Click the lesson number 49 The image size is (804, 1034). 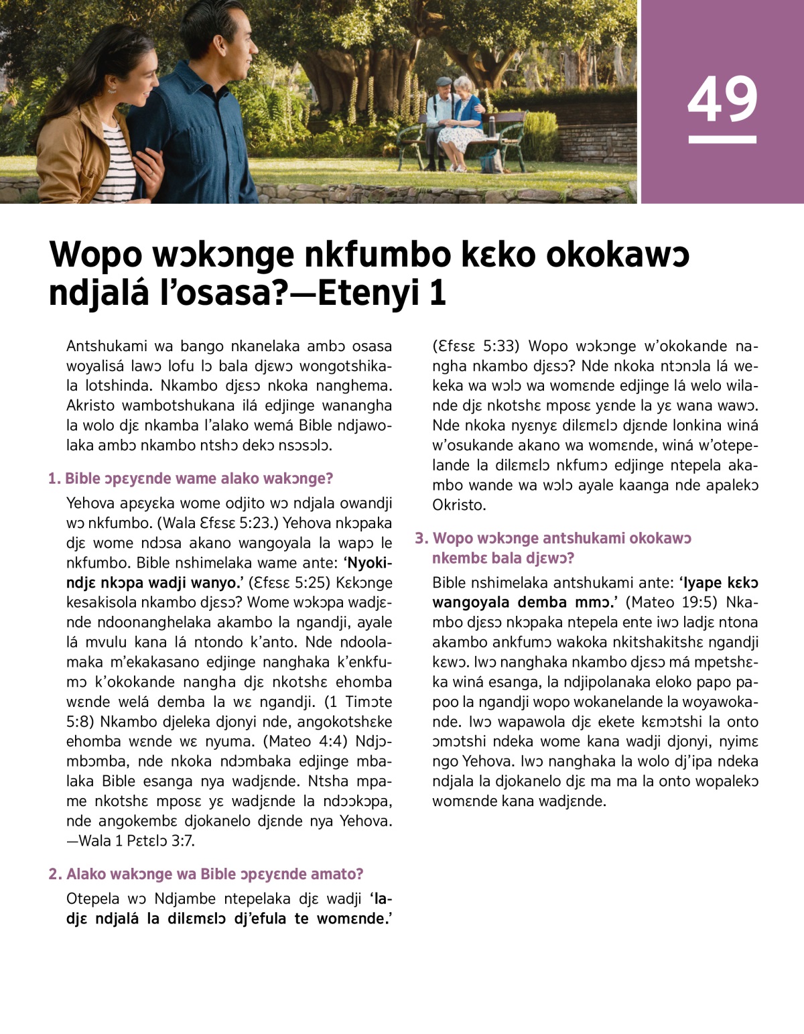click(722, 99)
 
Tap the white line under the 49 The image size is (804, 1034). click(722, 139)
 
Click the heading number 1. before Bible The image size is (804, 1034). click(54, 478)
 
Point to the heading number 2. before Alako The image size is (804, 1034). click(55, 874)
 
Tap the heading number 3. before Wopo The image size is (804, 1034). click(421, 538)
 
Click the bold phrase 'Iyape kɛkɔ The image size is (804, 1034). click(718, 582)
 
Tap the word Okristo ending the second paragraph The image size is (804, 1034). click(460, 505)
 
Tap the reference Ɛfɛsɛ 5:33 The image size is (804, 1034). click(476, 346)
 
